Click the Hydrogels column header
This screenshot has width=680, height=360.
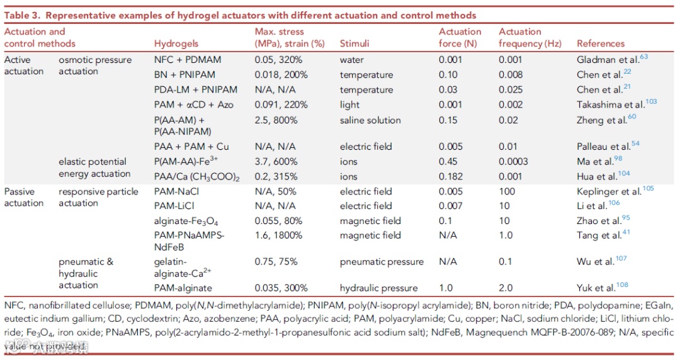[176, 44]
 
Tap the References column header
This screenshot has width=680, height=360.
[601, 44]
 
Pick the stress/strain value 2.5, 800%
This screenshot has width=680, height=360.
[278, 120]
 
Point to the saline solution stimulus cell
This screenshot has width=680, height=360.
[370, 120]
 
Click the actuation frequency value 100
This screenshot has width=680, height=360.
[507, 191]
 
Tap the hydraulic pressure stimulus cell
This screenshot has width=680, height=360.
[378, 288]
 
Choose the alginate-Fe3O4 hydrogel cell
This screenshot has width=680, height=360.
[186, 222]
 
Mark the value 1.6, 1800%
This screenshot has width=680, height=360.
[281, 236]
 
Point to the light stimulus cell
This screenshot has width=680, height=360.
[349, 105]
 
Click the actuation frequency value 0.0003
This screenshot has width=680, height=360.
[513, 162]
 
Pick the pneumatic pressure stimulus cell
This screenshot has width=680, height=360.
[382, 262]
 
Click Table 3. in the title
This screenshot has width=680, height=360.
[24, 15]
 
